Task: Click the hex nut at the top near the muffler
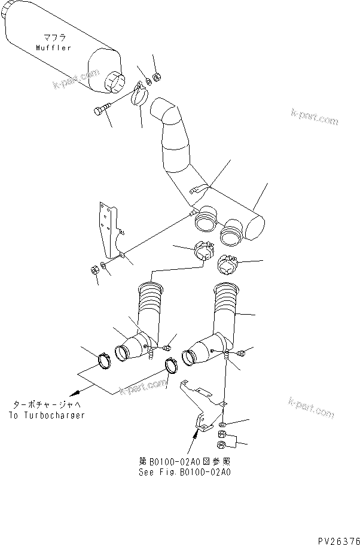coord(157,76)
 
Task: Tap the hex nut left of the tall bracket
coord(94,270)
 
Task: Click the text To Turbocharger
coord(47,416)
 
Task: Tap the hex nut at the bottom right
coord(221,444)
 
